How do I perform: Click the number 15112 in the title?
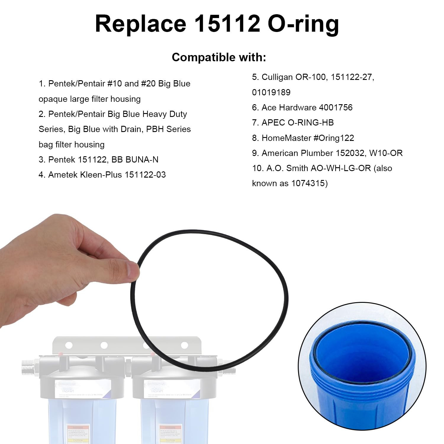point(227,24)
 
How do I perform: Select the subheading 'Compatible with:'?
point(219,57)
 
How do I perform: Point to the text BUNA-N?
point(142,160)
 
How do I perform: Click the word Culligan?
point(277,77)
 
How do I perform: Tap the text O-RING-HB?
point(311,123)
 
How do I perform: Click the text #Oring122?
point(334,138)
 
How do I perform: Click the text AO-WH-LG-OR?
point(340,168)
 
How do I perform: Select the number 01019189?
point(271,92)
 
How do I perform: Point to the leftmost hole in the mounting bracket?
point(69,345)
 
